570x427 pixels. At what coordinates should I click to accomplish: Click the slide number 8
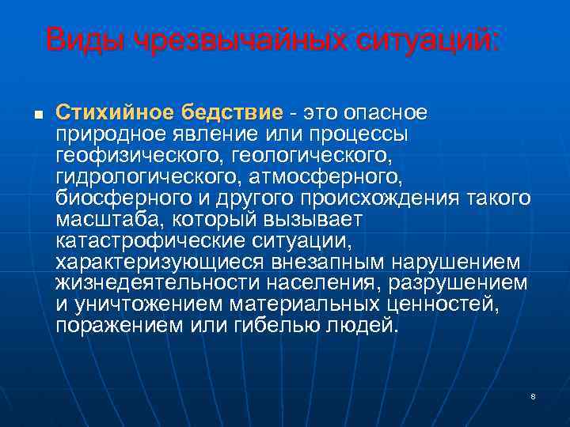pos(534,395)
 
